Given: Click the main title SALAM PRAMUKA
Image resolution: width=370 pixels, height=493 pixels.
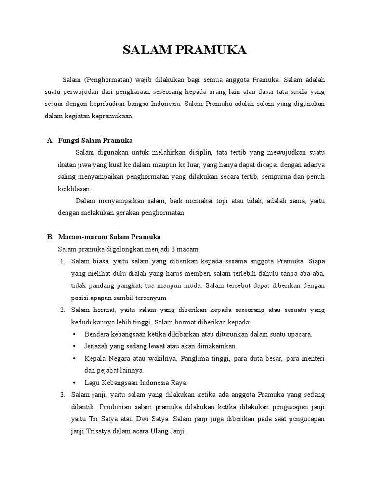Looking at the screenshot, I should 185,51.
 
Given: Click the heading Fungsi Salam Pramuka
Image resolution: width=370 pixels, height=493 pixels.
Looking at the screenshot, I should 95,140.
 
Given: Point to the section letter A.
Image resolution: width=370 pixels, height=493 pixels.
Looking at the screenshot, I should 50,140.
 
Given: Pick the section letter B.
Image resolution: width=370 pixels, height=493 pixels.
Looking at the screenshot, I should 50,237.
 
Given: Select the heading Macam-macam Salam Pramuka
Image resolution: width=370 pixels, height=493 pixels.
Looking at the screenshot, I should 109,237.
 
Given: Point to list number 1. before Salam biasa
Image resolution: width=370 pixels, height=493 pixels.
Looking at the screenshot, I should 63,261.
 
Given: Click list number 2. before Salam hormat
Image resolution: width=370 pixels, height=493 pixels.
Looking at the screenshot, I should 63,310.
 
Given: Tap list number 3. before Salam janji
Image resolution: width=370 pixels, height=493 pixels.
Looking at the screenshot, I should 63,395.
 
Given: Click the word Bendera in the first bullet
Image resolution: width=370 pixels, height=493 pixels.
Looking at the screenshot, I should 97,334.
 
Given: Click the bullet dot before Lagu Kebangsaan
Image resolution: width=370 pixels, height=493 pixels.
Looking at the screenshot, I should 73,383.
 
